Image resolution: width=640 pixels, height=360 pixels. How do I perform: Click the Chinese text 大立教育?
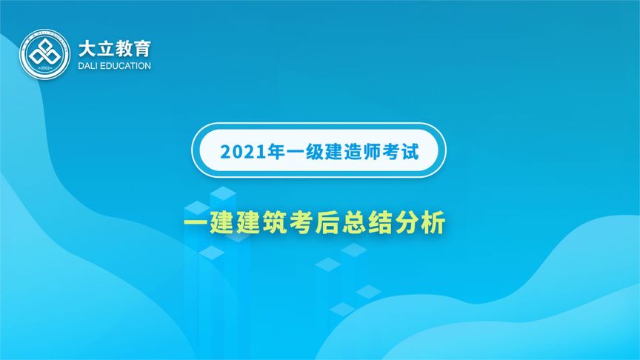pos(114,49)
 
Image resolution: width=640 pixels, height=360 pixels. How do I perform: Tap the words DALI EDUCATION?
pos(114,66)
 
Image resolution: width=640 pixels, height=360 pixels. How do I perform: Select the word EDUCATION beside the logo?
pos(125,66)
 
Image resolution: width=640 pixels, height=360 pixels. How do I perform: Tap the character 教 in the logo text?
pos(123,49)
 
